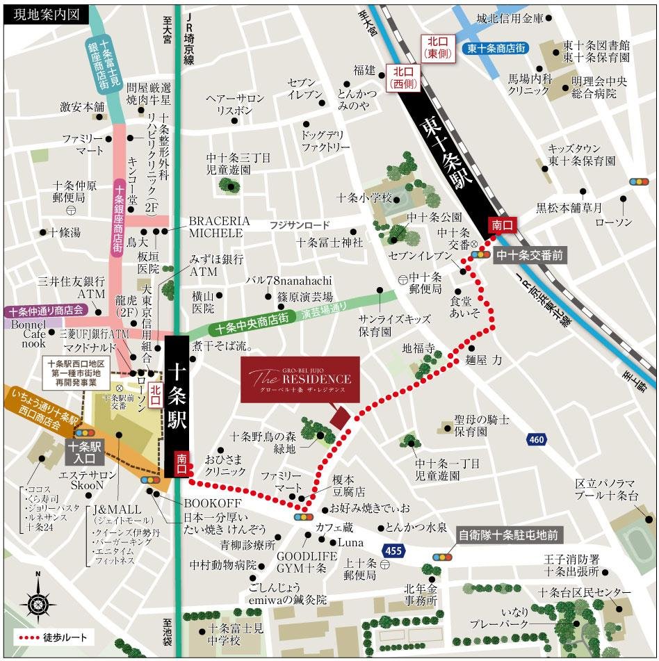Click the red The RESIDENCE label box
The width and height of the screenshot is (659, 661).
point(300,380)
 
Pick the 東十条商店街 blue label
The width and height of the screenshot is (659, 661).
point(496,48)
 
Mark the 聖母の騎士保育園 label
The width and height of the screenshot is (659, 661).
point(481,425)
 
